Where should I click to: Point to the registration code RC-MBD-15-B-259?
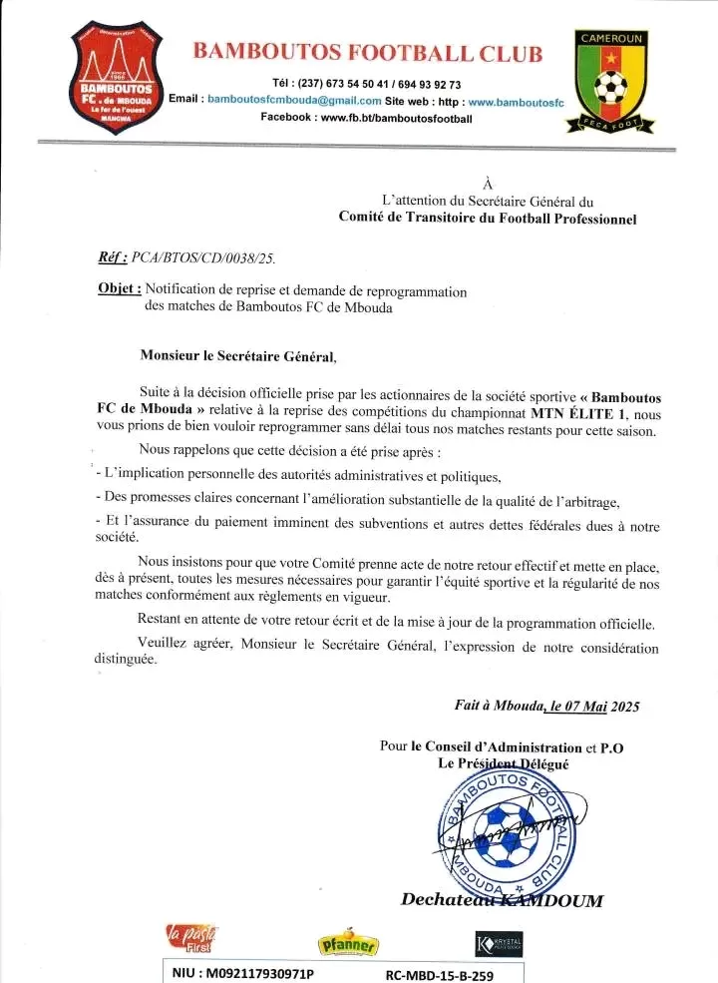coord(439,974)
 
